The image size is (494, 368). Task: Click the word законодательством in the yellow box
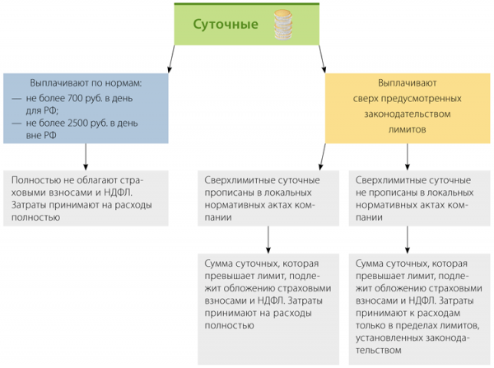click(x=408, y=114)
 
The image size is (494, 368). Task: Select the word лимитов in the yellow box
click(x=408, y=129)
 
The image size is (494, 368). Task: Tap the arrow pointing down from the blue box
click(x=86, y=157)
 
